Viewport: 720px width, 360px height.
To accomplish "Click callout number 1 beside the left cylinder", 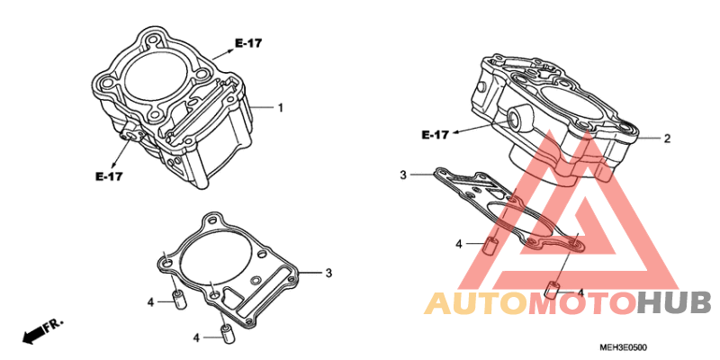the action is click(280, 108).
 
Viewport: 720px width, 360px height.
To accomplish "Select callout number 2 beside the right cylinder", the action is click(668, 139).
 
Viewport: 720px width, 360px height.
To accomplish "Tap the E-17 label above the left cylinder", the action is click(248, 43).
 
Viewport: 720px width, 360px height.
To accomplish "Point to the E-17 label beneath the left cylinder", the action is click(109, 176).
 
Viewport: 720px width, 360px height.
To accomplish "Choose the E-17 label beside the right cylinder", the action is click(436, 135).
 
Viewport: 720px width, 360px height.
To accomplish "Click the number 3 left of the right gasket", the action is click(403, 175).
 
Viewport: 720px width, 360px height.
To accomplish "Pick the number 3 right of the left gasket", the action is click(328, 273).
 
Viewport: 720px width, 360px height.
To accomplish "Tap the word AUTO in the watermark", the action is click(477, 302).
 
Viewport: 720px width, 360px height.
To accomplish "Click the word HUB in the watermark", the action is click(674, 302).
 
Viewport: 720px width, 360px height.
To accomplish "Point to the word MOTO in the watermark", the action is click(583, 302).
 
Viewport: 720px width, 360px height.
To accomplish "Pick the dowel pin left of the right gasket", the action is click(490, 246).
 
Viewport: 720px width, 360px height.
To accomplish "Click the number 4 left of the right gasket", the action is click(458, 244).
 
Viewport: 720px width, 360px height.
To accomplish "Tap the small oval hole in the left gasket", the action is click(255, 280).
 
